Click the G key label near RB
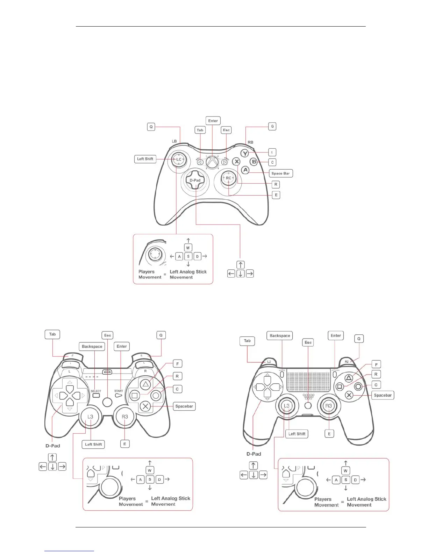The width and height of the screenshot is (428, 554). (x=272, y=126)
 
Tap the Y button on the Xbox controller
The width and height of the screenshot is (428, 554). (x=245, y=153)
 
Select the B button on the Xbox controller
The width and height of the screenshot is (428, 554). (x=254, y=162)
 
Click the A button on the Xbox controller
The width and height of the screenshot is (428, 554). (x=245, y=170)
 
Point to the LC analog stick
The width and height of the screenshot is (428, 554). (x=179, y=159)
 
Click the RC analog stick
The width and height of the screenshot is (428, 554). (x=228, y=178)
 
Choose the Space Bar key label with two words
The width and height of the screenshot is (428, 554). (x=280, y=173)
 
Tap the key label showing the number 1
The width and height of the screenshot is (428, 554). (x=272, y=152)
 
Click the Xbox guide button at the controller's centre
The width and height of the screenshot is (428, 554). (x=212, y=162)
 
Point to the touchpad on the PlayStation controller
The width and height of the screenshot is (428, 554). (x=308, y=381)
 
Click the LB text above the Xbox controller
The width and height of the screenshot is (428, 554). (x=174, y=141)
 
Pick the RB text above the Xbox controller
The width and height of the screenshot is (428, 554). (x=250, y=142)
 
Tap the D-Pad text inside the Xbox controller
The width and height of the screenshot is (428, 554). (x=195, y=180)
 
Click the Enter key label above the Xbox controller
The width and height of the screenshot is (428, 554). (x=213, y=121)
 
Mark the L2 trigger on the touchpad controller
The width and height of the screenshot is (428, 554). (x=269, y=362)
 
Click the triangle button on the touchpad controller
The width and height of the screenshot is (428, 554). (x=349, y=378)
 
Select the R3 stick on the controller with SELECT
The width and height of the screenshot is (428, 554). (x=125, y=417)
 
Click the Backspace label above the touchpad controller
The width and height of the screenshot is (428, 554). (x=280, y=336)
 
